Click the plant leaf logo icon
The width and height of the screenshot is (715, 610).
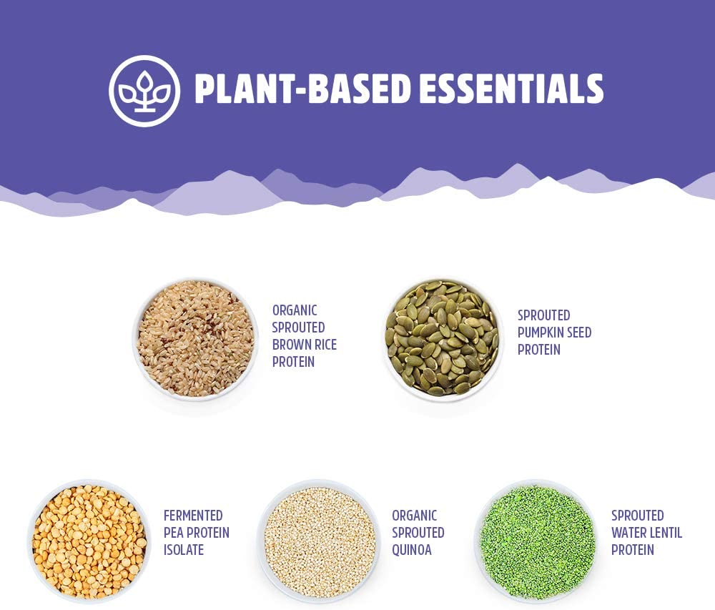click(x=144, y=91)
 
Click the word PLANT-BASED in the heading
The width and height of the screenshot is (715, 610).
click(x=302, y=88)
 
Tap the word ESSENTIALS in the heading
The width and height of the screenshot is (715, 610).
click(x=512, y=88)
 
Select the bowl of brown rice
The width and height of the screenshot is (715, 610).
click(x=195, y=340)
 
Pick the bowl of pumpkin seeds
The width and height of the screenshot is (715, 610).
click(x=442, y=338)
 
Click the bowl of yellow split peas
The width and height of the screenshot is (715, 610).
click(x=89, y=541)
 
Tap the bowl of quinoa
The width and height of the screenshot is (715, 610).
click(x=319, y=541)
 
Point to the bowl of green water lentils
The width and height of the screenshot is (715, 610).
click(x=537, y=541)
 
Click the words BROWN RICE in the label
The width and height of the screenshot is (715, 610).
click(x=304, y=345)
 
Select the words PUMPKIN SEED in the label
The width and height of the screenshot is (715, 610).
click(x=554, y=333)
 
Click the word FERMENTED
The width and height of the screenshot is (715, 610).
click(x=193, y=516)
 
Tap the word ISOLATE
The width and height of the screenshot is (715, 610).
click(x=183, y=550)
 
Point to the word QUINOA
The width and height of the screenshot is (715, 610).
click(x=411, y=550)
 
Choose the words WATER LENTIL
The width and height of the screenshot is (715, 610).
click(x=646, y=533)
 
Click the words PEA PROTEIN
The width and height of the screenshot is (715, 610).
click(x=196, y=533)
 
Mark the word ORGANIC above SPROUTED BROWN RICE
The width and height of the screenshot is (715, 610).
click(x=295, y=310)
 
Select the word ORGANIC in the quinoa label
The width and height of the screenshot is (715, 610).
click(x=415, y=516)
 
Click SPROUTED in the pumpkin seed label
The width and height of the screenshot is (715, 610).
click(x=543, y=315)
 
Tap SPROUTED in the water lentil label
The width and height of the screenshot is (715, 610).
click(x=638, y=516)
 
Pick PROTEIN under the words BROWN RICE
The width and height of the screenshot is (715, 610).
click(x=293, y=362)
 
